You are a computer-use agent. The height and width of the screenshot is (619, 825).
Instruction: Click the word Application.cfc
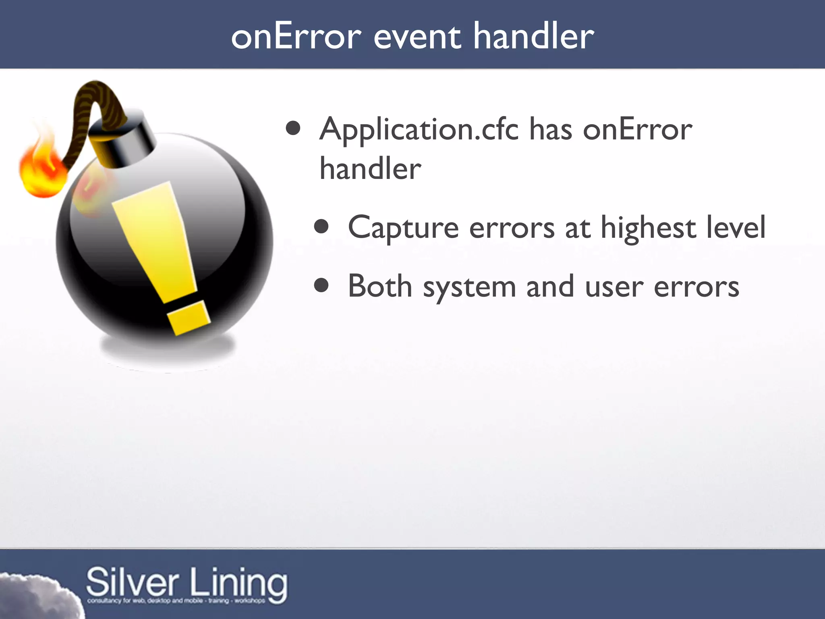point(419,130)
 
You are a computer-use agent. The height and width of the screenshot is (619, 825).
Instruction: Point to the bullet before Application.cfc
point(293,128)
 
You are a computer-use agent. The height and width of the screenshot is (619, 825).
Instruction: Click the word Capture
point(403,228)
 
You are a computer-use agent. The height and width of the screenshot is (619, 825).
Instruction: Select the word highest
point(649,228)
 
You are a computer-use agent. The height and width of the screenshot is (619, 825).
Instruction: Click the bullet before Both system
point(321,286)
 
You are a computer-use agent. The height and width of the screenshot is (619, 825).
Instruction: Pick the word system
point(469,287)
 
